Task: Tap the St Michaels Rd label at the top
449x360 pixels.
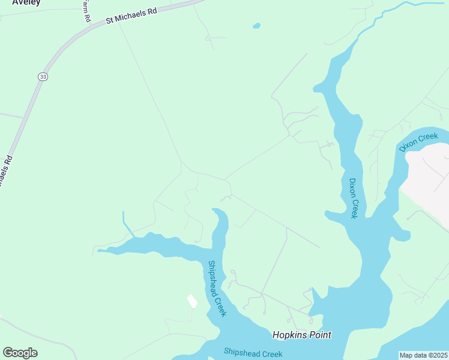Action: pos(131,15)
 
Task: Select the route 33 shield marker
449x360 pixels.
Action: pos(42,77)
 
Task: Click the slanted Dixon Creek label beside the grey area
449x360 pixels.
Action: pos(418,143)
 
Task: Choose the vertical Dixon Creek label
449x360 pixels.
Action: pos(354,198)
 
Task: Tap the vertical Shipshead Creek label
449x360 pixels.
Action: pos(217,289)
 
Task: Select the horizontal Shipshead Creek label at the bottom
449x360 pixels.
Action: pos(253,353)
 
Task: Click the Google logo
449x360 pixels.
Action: pos(20,353)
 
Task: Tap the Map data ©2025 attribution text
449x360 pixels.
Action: pos(423,355)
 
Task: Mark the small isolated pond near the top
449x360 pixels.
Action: pos(257,26)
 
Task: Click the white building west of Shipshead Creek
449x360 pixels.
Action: pos(192,301)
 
